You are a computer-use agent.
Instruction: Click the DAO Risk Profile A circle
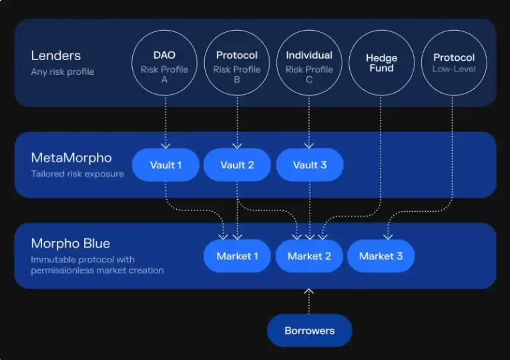[164, 63]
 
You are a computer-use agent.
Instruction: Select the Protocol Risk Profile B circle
[236, 63]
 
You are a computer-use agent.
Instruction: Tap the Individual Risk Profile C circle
[308, 63]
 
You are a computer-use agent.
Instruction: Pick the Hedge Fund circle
[381, 63]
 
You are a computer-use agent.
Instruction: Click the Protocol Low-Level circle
[453, 63]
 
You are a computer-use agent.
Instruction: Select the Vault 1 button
[166, 165]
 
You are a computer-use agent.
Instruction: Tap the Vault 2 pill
[237, 165]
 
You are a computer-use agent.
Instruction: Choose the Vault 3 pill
[310, 165]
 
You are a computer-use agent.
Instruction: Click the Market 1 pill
[237, 256]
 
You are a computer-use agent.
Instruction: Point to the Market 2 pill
[309, 256]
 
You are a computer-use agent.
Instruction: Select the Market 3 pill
[380, 256]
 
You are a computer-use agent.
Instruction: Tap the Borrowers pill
[309, 331]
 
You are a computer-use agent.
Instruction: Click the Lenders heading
[56, 56]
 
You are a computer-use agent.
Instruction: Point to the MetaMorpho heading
[71, 159]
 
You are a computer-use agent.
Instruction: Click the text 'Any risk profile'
[63, 71]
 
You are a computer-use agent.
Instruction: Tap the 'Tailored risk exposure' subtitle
[77, 174]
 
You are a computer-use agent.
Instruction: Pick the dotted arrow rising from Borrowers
[309, 301]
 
